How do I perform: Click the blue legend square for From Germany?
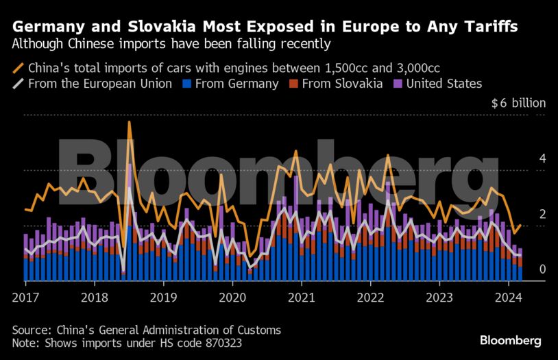[x=185, y=84]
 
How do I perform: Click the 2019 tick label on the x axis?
[x=164, y=298]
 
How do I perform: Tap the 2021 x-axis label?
[x=302, y=298]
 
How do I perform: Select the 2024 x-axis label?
[x=509, y=298]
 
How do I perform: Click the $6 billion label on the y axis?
[x=518, y=104]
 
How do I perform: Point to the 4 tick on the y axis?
[x=542, y=158]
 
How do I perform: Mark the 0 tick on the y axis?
[x=542, y=269]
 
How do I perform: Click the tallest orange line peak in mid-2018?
[x=129, y=122]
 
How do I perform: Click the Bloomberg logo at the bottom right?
[x=511, y=340]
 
